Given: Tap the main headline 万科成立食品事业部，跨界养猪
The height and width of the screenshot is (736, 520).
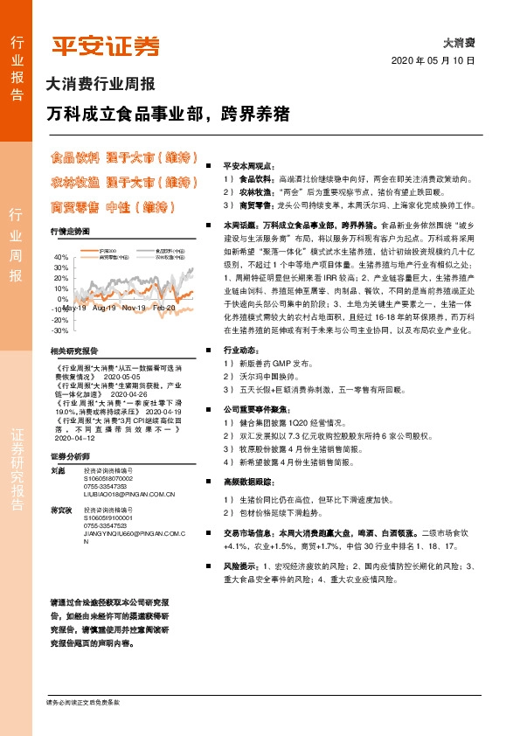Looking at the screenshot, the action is tap(167, 115).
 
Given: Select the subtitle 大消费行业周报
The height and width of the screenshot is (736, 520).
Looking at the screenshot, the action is tap(100, 85).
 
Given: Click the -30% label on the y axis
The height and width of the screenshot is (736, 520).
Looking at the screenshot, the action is tap(59, 330).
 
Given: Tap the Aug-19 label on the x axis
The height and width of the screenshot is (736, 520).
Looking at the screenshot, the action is tap(104, 309).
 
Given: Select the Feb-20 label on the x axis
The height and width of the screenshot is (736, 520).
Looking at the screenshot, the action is tap(163, 309).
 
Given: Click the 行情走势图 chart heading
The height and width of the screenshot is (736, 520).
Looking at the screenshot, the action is tap(70, 231).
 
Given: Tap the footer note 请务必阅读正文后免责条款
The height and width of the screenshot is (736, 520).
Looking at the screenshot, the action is tap(83, 702).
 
